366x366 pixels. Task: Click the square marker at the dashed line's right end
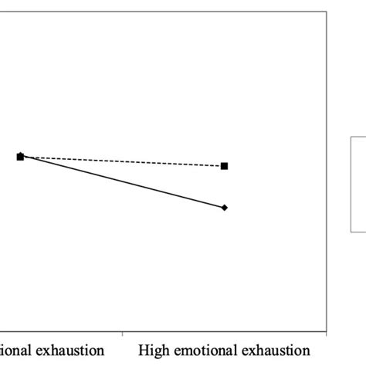pos(225,166)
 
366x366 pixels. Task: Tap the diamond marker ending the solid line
pos(225,207)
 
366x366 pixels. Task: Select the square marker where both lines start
pos(20,157)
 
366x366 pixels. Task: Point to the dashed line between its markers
pos(124,161)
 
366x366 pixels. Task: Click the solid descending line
pos(124,182)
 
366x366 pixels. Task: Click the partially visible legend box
pos(358,183)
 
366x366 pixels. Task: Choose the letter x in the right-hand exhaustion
pos(249,351)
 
